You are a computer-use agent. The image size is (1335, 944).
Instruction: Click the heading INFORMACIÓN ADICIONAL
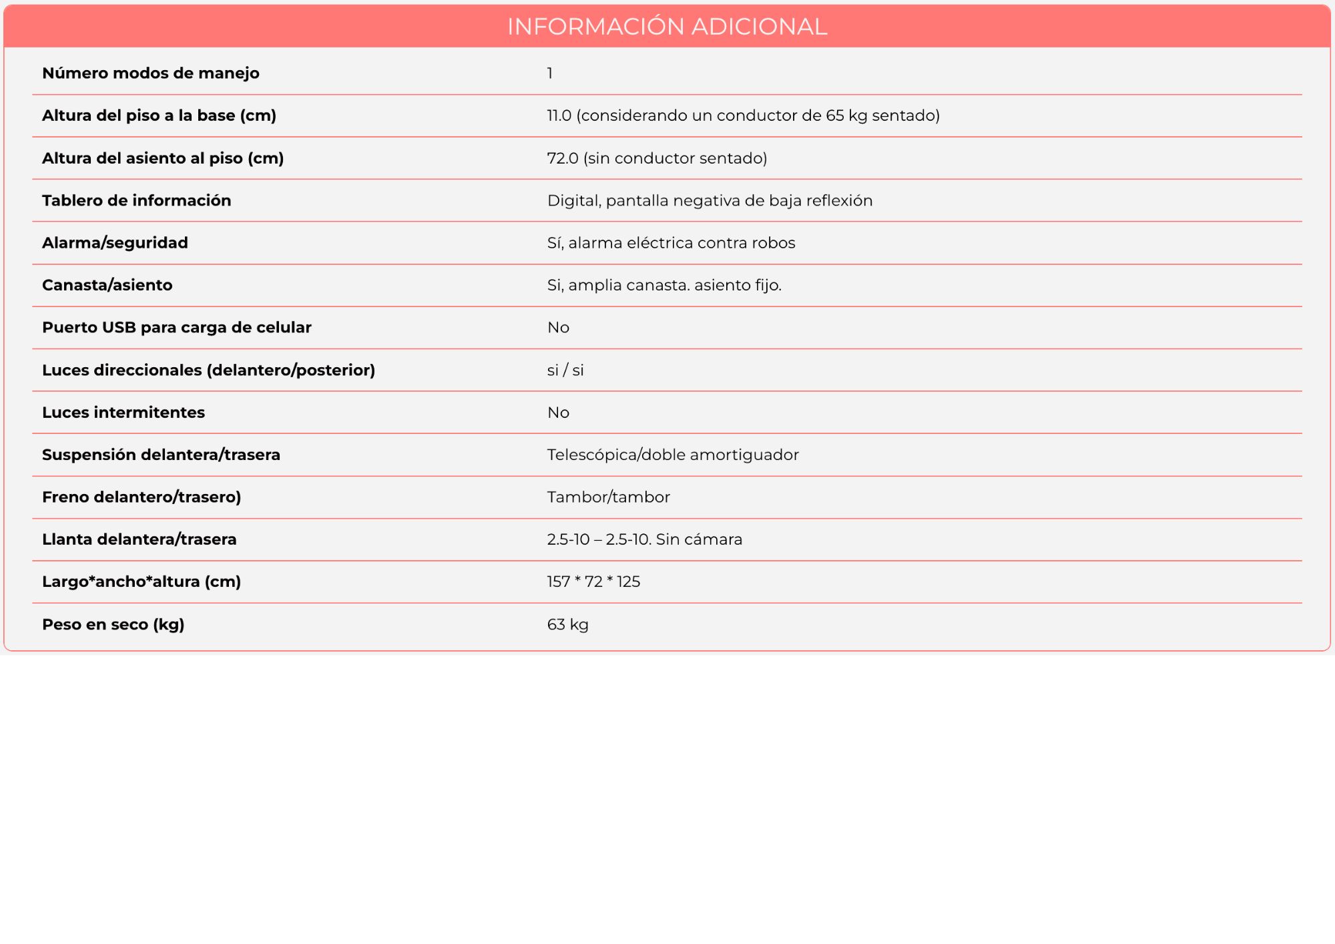pyautogui.click(x=667, y=27)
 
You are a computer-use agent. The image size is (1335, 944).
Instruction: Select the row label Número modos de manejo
pyautogui.click(x=151, y=73)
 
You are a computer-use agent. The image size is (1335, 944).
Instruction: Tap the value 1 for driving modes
pyautogui.click(x=550, y=73)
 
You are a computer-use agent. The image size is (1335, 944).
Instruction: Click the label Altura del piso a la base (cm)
pyautogui.click(x=159, y=115)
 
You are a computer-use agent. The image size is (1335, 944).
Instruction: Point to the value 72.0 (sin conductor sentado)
pyautogui.click(x=657, y=158)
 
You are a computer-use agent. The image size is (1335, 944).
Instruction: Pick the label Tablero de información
pyautogui.click(x=137, y=200)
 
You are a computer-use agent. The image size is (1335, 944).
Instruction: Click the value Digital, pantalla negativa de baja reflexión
pyautogui.click(x=710, y=200)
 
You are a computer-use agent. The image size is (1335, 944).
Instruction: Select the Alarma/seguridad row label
pyautogui.click(x=115, y=243)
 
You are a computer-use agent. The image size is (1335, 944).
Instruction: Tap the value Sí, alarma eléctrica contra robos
pyautogui.click(x=671, y=243)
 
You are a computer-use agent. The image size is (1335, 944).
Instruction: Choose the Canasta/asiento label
pyautogui.click(x=107, y=285)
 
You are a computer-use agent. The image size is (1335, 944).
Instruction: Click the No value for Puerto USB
pyautogui.click(x=558, y=328)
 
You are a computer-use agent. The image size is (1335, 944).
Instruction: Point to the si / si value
pyautogui.click(x=565, y=370)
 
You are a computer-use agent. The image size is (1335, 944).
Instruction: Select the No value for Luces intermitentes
pyautogui.click(x=558, y=413)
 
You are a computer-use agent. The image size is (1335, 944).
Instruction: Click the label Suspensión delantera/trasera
pyautogui.click(x=161, y=455)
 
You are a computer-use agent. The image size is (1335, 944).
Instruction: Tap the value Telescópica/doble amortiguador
pyautogui.click(x=673, y=455)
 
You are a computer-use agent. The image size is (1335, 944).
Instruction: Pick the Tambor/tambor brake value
pyautogui.click(x=608, y=497)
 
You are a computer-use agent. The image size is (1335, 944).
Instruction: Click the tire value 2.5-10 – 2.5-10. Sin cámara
pyautogui.click(x=644, y=539)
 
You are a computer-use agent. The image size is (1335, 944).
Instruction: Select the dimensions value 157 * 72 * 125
pyautogui.click(x=593, y=581)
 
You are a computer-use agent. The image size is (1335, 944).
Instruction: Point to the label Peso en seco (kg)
pyautogui.click(x=113, y=624)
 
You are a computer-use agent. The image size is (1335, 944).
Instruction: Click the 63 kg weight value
pyautogui.click(x=567, y=624)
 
